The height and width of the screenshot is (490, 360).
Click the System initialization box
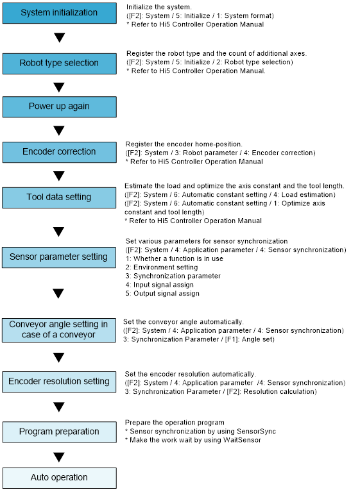(60, 13)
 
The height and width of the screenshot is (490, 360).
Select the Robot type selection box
(60, 63)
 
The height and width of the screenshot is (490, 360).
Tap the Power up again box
(60, 107)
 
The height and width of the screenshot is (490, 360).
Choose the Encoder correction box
(60, 152)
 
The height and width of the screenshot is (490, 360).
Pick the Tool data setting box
(59, 198)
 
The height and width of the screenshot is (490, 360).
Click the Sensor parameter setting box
(59, 257)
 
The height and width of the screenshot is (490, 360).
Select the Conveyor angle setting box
(59, 330)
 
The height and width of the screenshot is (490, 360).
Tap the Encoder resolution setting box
(59, 382)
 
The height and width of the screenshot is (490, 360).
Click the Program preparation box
(60, 432)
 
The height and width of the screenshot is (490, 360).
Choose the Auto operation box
(60, 478)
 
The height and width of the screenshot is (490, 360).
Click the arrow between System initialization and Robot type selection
(60, 37)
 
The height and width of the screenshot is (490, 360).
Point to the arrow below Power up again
(59, 131)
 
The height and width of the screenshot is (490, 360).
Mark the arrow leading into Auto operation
(59, 457)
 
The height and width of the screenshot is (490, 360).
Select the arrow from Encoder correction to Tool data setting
(59, 176)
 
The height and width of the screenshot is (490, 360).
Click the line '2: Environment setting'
(162, 267)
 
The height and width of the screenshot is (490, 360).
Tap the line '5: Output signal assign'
(162, 294)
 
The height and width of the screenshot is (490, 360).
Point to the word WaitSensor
(243, 440)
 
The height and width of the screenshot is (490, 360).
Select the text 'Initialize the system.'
(159, 7)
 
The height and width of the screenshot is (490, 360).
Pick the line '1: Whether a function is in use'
(175, 258)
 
